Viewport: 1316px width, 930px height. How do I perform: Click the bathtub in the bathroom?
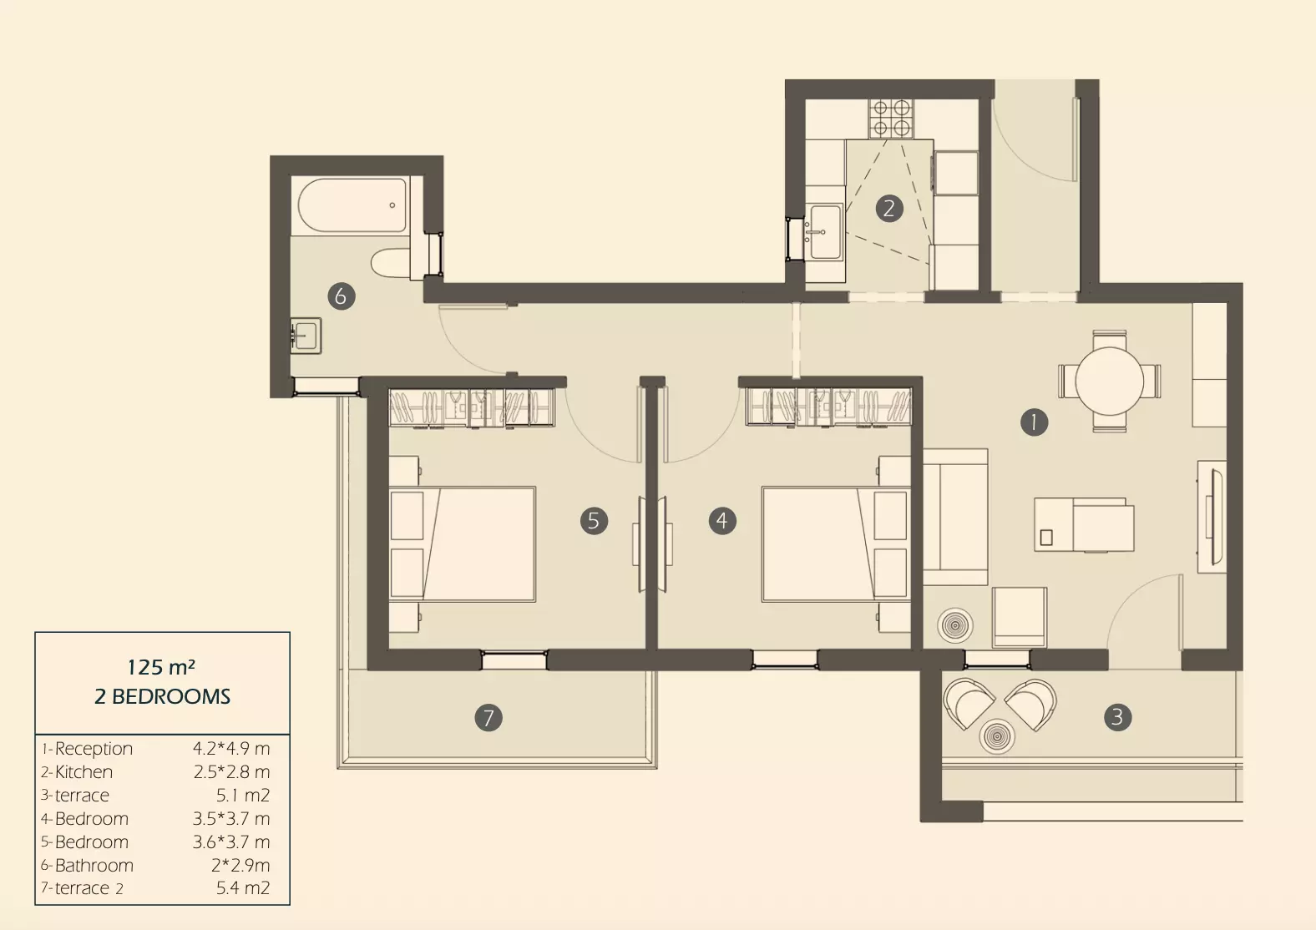click(x=352, y=205)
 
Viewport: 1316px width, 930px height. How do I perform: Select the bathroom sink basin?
click(x=306, y=336)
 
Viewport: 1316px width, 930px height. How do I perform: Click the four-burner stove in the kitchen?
click(x=891, y=119)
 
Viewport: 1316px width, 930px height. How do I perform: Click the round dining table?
click(x=1109, y=382)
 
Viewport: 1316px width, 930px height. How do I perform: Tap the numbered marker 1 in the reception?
click(x=1034, y=422)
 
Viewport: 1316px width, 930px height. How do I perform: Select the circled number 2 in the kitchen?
click(x=889, y=208)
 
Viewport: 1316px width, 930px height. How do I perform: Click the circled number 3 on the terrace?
click(x=1117, y=717)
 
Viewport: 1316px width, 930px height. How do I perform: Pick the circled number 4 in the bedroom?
click(x=722, y=521)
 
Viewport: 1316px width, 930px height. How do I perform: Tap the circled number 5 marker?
click(x=594, y=521)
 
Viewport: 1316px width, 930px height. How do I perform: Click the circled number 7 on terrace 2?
click(x=488, y=717)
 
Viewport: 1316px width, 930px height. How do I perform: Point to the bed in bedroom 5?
click(x=463, y=544)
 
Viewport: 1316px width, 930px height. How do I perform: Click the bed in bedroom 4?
click(x=835, y=544)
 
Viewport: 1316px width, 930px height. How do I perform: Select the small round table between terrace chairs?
click(x=996, y=736)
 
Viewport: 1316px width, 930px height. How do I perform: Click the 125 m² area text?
click(x=161, y=667)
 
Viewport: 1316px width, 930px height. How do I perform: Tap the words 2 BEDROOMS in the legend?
click(x=162, y=697)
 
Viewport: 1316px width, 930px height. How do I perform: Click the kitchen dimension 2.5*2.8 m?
click(x=231, y=772)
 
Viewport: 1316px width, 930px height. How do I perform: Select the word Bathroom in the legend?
click(x=94, y=866)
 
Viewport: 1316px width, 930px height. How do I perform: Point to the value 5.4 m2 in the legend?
click(x=243, y=887)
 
